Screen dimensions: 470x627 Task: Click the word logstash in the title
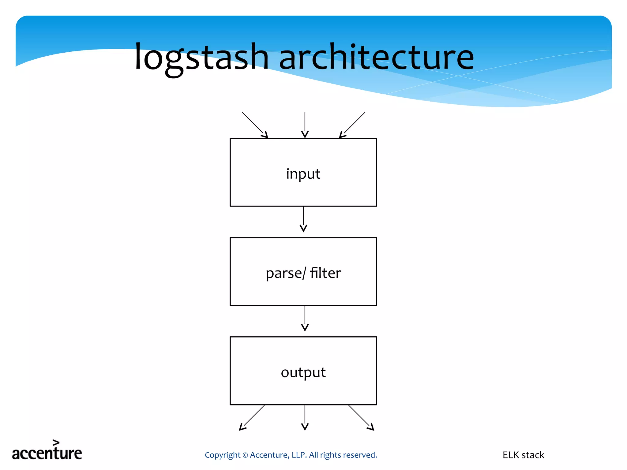click(x=201, y=58)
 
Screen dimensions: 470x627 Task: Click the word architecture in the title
click(x=377, y=58)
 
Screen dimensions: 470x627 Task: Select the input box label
click(x=303, y=174)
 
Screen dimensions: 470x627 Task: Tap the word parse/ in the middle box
click(x=286, y=273)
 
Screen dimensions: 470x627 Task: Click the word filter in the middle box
click(x=325, y=273)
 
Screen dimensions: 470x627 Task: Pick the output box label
click(x=303, y=372)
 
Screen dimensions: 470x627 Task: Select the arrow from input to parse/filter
click(x=303, y=219)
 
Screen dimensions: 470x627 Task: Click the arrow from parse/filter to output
click(x=305, y=318)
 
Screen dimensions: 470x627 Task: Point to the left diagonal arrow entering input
click(x=255, y=125)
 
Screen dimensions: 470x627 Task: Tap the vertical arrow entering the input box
click(x=305, y=125)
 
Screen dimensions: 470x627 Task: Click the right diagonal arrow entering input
click(x=352, y=125)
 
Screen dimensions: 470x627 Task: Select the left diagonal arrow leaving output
click(x=252, y=418)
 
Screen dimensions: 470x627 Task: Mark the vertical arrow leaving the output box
click(x=305, y=418)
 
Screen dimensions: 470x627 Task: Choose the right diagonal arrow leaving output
click(x=361, y=418)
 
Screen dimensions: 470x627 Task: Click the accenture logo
click(x=47, y=453)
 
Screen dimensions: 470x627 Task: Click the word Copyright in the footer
click(x=223, y=455)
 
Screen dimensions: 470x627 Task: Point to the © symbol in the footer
click(x=245, y=455)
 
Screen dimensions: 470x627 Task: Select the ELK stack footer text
click(x=523, y=455)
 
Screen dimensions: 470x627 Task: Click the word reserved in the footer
click(x=362, y=455)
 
